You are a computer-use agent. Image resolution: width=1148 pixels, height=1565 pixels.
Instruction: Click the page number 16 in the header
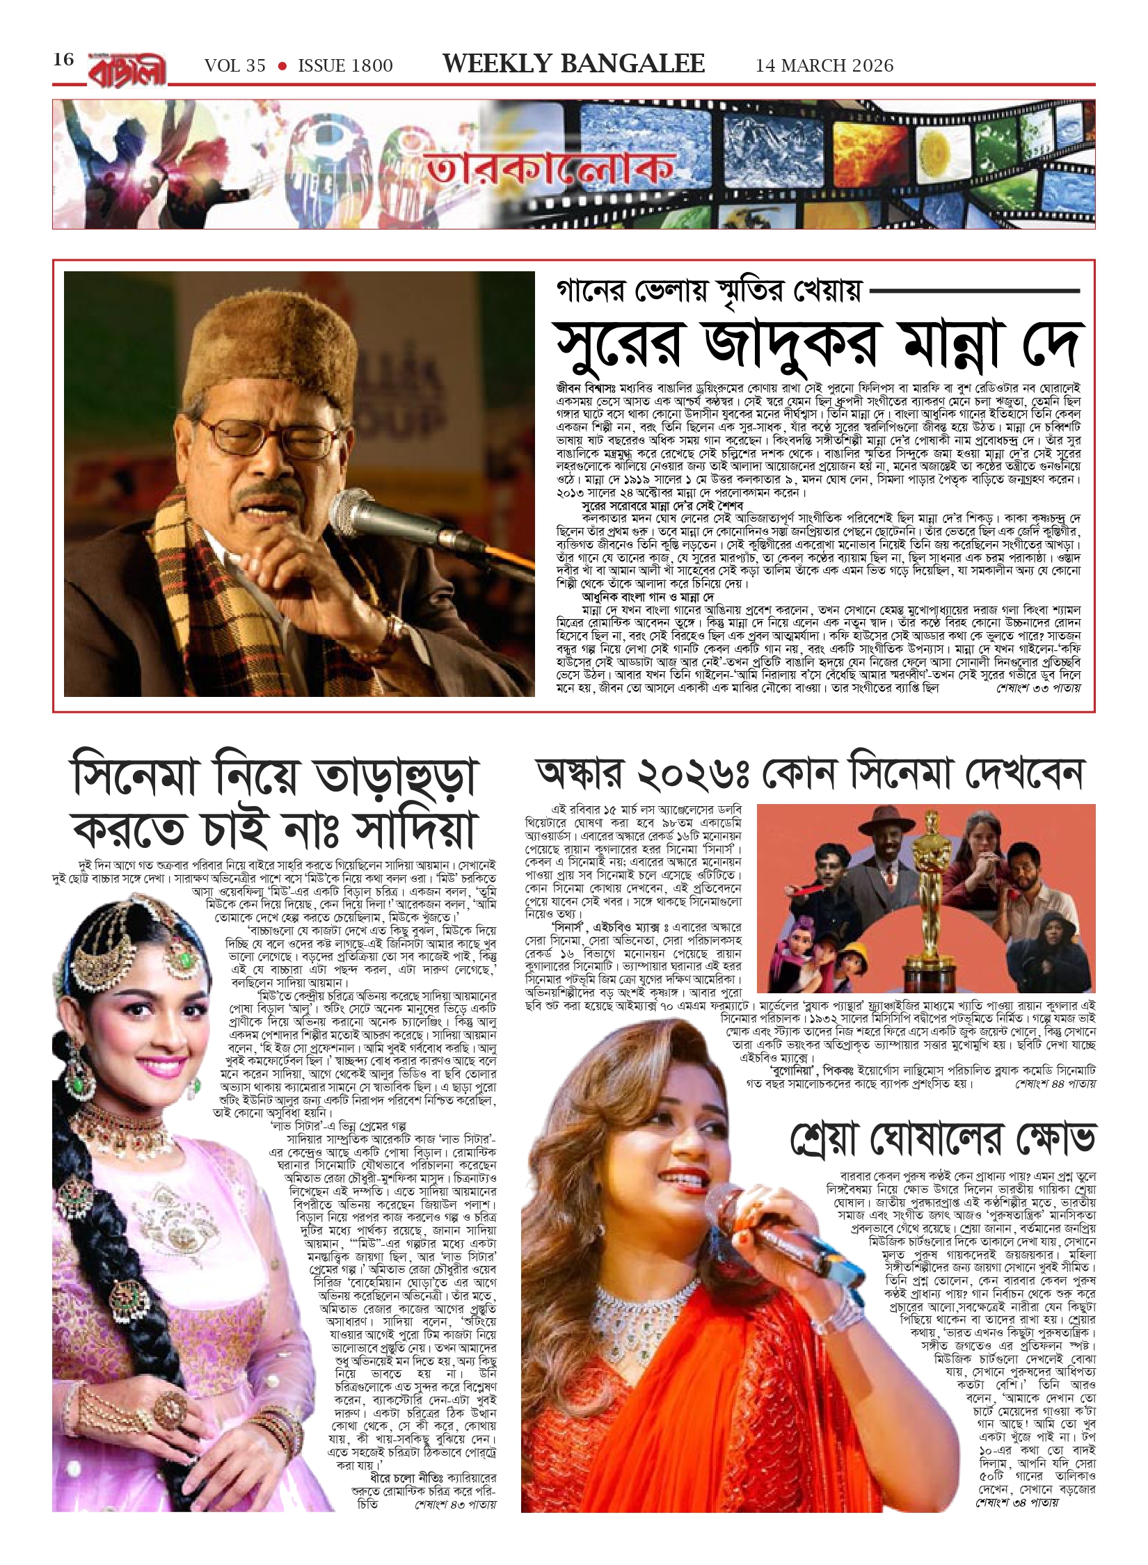click(63, 60)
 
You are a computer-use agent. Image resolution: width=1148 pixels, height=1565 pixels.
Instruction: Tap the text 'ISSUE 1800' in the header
click(345, 66)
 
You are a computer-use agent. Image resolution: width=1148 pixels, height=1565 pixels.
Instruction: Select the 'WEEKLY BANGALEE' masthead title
click(574, 64)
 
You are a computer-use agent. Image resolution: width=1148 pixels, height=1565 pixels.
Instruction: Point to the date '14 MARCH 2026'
click(824, 65)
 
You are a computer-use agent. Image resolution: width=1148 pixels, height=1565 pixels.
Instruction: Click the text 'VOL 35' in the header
click(235, 66)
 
